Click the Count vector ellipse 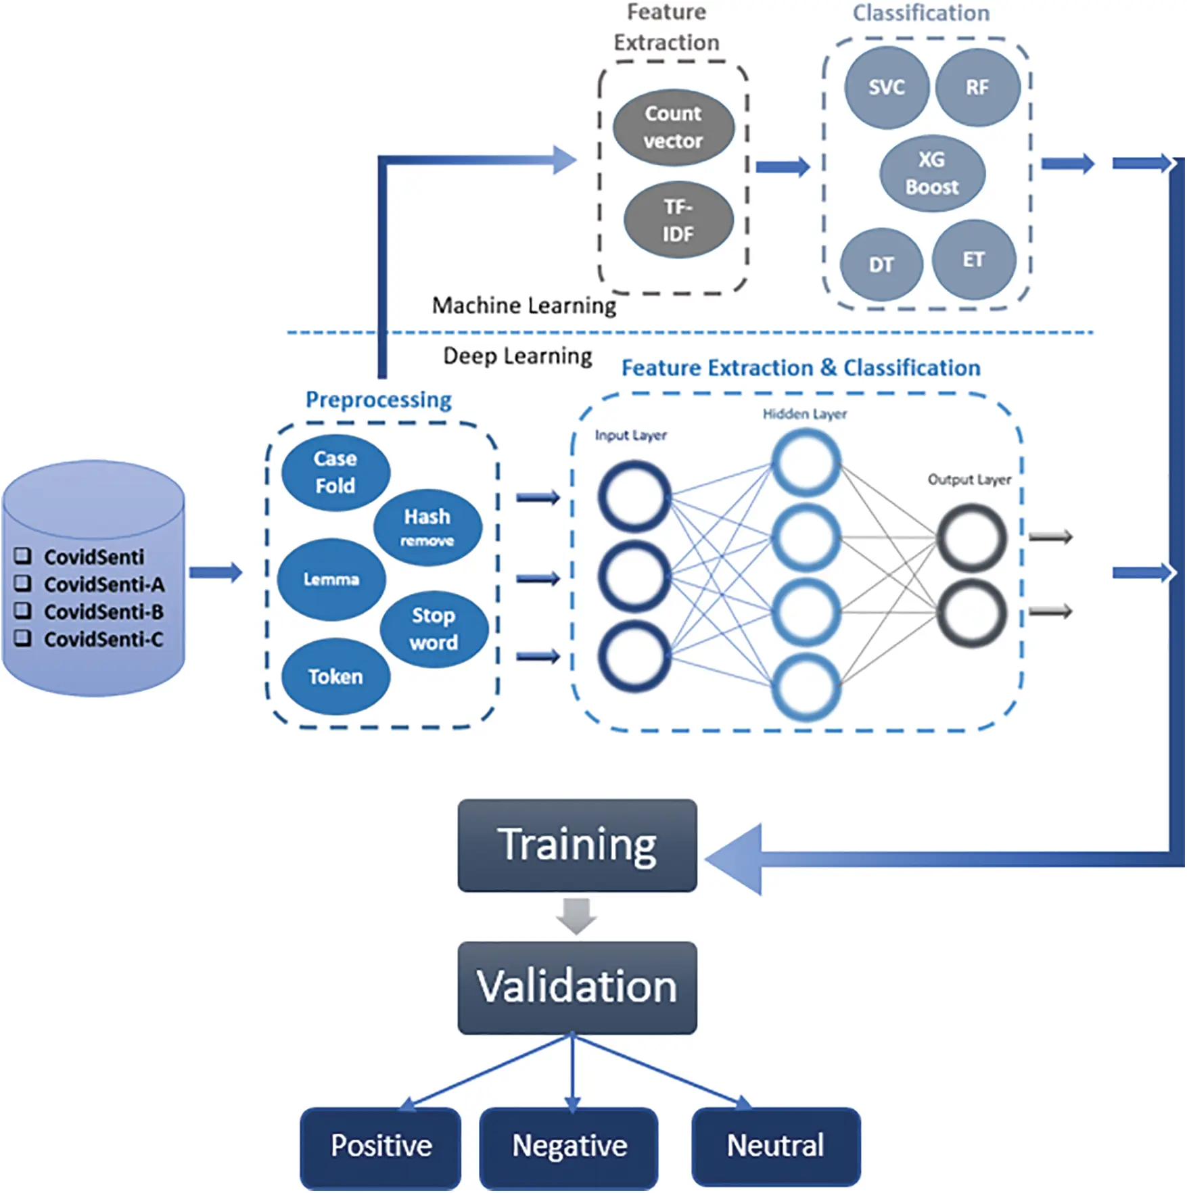tap(674, 127)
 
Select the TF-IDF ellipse tap(678, 220)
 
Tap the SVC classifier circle tap(887, 87)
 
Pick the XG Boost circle tap(932, 173)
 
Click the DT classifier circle tap(881, 264)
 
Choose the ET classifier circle tap(973, 259)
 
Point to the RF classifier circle tap(977, 87)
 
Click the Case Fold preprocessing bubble tap(335, 471)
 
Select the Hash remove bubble tap(427, 527)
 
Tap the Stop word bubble tap(434, 629)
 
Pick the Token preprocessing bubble tap(335, 676)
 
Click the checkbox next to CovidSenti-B tap(23, 611)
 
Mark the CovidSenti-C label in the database tap(103, 639)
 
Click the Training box tap(577, 845)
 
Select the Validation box tap(577, 987)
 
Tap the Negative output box tap(569, 1146)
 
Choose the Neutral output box tap(775, 1146)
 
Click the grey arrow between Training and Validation tap(576, 916)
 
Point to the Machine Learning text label tap(524, 306)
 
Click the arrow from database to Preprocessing tap(215, 573)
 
